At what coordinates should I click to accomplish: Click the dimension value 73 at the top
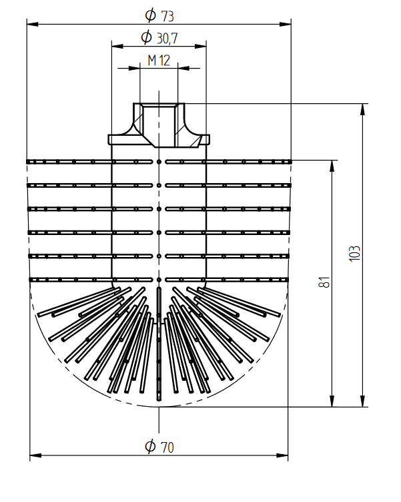(x=167, y=16)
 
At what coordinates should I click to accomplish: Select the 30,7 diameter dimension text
(x=167, y=39)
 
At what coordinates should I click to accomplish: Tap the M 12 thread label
(x=159, y=60)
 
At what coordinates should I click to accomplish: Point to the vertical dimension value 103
(x=354, y=254)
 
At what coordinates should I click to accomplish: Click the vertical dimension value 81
(x=324, y=282)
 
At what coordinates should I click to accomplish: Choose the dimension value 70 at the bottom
(x=167, y=447)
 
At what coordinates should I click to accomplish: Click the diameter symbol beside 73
(x=150, y=15)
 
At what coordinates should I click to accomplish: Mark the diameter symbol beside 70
(x=150, y=446)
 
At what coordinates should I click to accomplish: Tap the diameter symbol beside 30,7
(x=147, y=37)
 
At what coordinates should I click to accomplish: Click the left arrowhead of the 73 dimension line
(x=33, y=25)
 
